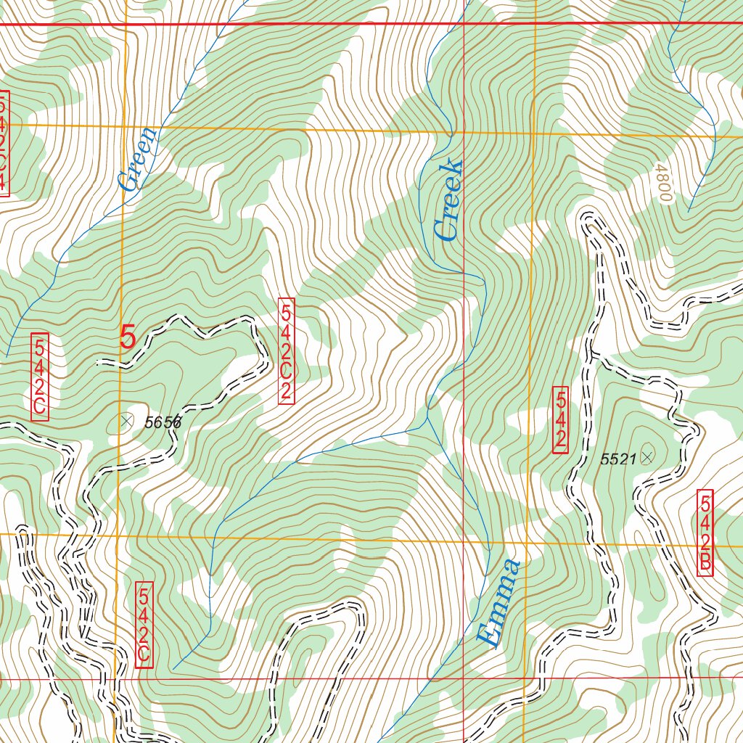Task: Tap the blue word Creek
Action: (448, 201)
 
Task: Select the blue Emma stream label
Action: (500, 602)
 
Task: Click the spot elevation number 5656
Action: (163, 422)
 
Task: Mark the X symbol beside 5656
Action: (127, 420)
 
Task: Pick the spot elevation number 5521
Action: (618, 459)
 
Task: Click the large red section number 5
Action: (128, 337)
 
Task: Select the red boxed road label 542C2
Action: (287, 350)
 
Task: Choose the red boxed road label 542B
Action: (705, 533)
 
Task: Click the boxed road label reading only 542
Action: (560, 420)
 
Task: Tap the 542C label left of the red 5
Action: (40, 377)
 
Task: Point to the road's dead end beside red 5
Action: (99, 361)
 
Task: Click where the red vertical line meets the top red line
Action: (464, 24)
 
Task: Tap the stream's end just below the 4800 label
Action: (688, 210)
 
